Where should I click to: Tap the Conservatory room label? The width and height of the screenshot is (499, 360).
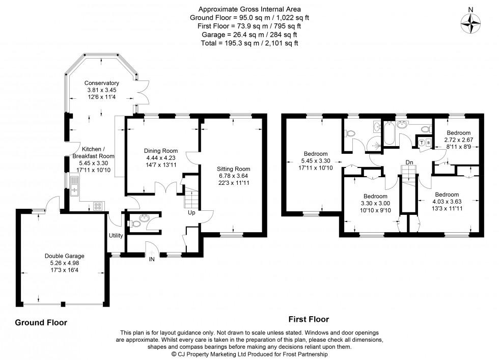tap(101, 83)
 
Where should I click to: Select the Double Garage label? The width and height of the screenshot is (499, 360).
tap(64, 256)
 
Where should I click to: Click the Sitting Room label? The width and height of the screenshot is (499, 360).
tap(233, 169)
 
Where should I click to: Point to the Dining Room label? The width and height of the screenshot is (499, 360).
tap(160, 151)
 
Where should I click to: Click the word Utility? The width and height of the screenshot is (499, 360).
tap(116, 235)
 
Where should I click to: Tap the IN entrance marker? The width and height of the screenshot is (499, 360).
tap(151, 259)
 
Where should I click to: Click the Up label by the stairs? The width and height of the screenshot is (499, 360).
tap(191, 212)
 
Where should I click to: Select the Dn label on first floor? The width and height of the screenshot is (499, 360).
tap(409, 163)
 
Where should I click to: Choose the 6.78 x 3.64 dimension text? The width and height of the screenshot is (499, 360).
tap(233, 176)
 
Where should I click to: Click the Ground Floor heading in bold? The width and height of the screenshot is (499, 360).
tap(41, 322)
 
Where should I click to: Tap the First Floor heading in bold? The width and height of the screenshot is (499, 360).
tap(309, 319)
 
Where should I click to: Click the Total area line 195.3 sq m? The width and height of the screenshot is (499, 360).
tap(249, 43)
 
